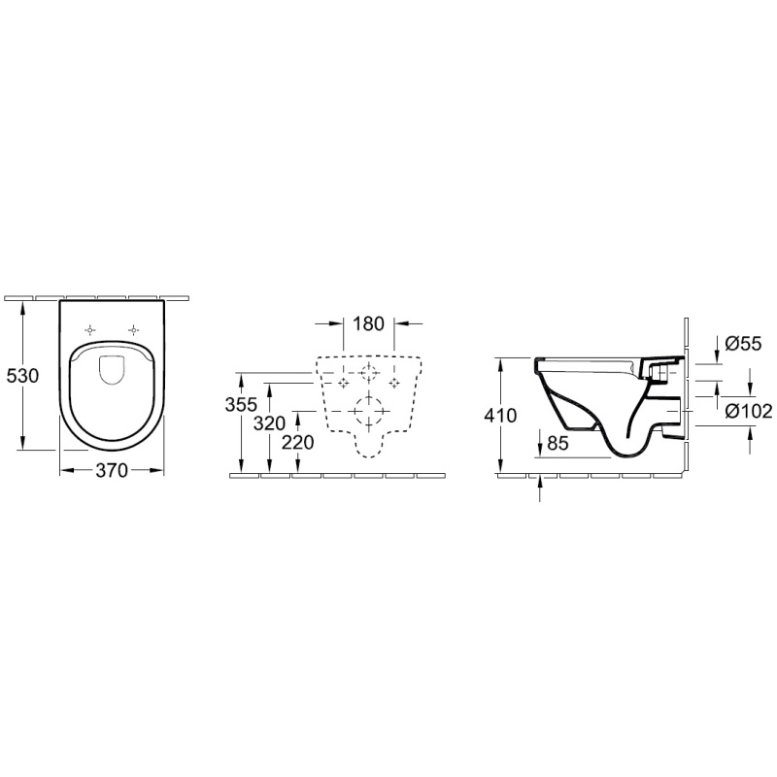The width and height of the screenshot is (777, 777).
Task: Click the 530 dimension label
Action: point(22,376)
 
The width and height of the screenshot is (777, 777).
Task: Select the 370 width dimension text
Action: point(112,470)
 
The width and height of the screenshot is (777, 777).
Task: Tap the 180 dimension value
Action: point(369,323)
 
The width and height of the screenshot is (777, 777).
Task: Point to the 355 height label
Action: point(241,404)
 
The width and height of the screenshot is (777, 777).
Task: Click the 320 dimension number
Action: point(270,423)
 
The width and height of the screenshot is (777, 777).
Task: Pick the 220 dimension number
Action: point(298,442)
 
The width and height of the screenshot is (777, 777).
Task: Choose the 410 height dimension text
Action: point(501,415)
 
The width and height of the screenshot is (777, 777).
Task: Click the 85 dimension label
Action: point(557,443)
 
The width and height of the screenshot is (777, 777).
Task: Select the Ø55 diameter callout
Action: point(743,344)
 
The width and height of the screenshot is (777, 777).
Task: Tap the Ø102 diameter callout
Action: point(748,411)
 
